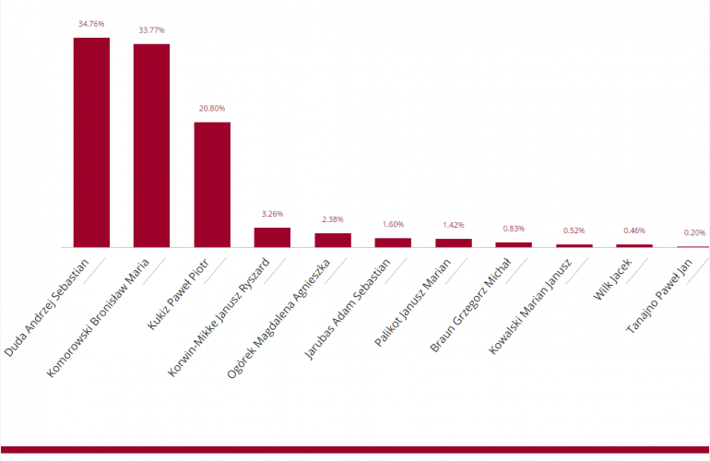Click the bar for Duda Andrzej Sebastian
click(91, 143)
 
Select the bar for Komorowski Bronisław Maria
click(151, 146)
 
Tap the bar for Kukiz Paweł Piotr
click(212, 184)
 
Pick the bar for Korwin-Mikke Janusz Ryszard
click(272, 238)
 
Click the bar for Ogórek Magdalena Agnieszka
click(333, 241)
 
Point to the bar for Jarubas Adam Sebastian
click(393, 242)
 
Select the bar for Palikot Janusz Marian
click(454, 243)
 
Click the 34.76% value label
click(91, 23)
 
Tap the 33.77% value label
click(151, 30)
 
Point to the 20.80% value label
click(212, 108)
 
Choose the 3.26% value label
click(272, 214)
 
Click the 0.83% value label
click(514, 229)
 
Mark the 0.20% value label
click(695, 232)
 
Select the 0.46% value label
click(634, 230)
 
